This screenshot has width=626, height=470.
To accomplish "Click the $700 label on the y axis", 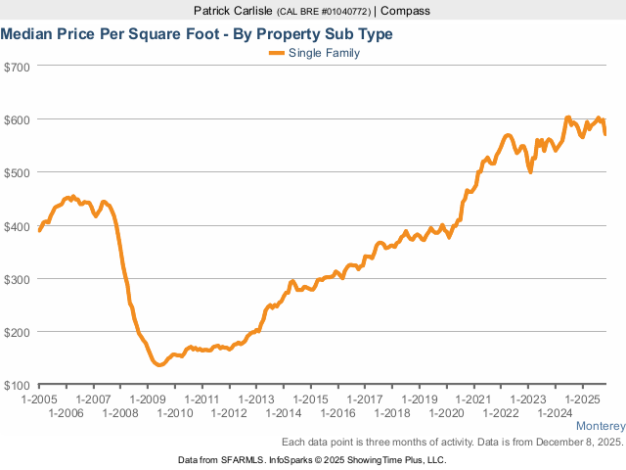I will tap(18, 67).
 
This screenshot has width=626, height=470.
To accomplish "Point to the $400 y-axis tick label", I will tap(18, 226).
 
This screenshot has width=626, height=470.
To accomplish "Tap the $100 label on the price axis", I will tap(18, 385).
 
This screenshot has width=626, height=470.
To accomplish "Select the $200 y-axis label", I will tap(18, 332).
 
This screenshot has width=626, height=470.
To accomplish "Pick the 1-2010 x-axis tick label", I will tap(175, 413).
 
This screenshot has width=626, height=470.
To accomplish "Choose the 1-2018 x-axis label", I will tap(391, 413).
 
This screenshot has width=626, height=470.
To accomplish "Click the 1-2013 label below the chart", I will tap(256, 399).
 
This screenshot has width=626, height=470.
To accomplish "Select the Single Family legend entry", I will tap(324, 53).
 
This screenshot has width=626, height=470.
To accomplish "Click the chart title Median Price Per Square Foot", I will tap(196, 33).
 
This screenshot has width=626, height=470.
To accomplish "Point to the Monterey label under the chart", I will tap(600, 427).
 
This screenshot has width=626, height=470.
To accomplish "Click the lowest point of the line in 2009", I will tap(159, 364).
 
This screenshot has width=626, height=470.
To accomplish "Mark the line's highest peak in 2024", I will tap(568, 117).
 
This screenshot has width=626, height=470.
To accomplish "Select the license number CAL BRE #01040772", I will tap(325, 11).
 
